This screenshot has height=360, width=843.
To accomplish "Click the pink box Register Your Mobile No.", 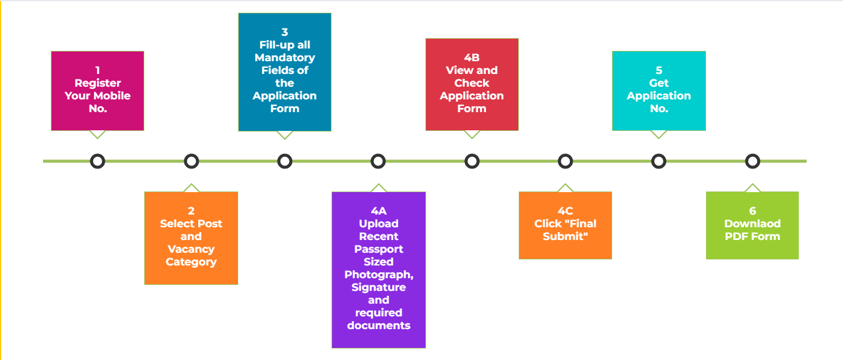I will [x=98, y=90].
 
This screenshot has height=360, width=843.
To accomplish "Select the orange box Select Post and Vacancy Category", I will [x=191, y=238].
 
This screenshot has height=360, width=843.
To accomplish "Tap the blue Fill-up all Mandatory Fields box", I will [x=285, y=72].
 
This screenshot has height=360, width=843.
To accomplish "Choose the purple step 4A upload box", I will [x=379, y=269].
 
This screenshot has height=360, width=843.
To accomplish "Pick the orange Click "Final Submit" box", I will [x=565, y=225].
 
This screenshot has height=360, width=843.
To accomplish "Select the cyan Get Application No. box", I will [x=659, y=90].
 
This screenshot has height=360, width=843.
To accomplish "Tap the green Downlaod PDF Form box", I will [x=752, y=225].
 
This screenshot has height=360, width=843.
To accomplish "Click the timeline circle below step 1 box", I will [x=98, y=161].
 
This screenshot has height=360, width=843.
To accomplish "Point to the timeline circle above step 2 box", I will [x=192, y=161].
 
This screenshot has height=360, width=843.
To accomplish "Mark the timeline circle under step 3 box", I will [x=285, y=161].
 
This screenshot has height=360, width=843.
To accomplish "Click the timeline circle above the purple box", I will [x=378, y=161].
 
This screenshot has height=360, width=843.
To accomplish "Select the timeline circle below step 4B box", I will [x=472, y=161].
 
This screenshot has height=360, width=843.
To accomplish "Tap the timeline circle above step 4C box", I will [x=565, y=161].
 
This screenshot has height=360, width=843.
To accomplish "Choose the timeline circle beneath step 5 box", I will [x=659, y=161].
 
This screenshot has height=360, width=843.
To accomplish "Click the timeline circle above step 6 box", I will [x=752, y=161].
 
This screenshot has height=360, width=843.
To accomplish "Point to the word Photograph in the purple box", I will [x=379, y=275].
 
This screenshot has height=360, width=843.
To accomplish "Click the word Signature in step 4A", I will [x=379, y=287].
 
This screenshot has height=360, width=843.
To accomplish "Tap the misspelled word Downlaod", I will [x=752, y=224].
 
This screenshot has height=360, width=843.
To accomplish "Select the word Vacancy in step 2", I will [x=191, y=249].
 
